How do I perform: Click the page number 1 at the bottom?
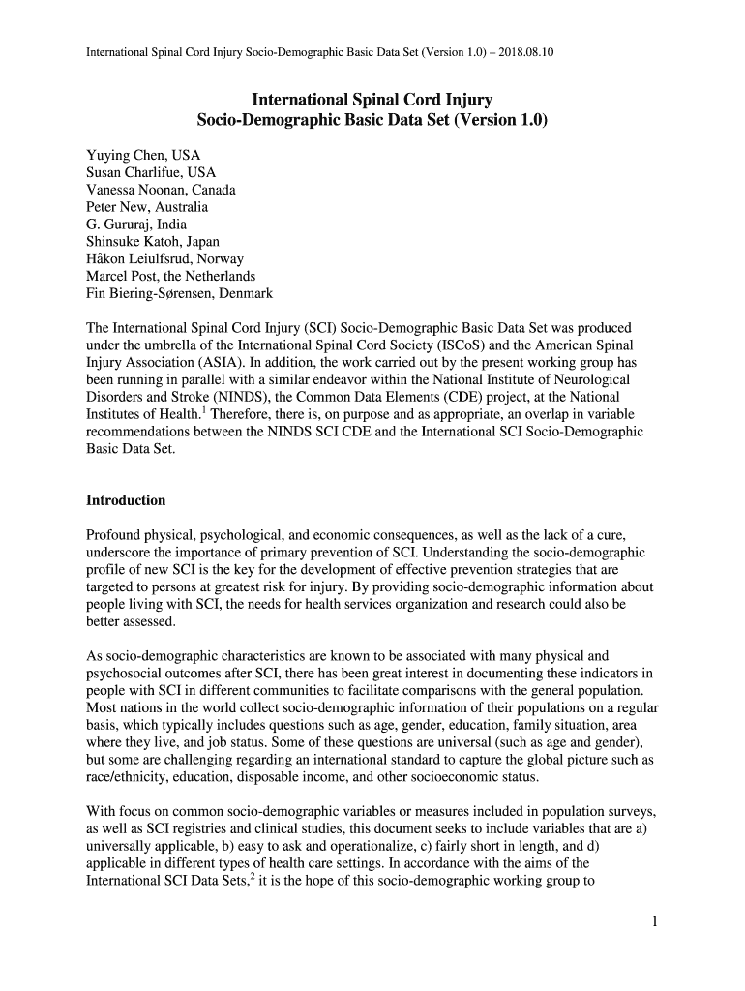[x=654, y=921]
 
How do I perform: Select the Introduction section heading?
[x=126, y=500]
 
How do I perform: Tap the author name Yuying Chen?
[x=123, y=155]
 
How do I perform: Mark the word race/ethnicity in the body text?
[x=131, y=778]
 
